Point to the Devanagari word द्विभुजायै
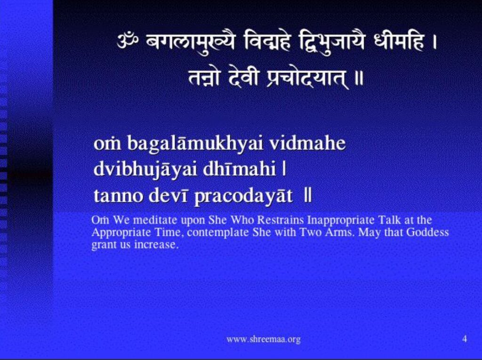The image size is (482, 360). click(331, 43)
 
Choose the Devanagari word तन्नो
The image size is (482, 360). click(204, 78)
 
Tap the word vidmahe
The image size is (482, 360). click(307, 143)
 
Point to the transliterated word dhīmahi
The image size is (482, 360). click(239, 169)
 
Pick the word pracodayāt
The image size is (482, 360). click(243, 196)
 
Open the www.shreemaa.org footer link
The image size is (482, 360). click(263, 340)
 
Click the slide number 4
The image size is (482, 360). click(465, 339)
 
